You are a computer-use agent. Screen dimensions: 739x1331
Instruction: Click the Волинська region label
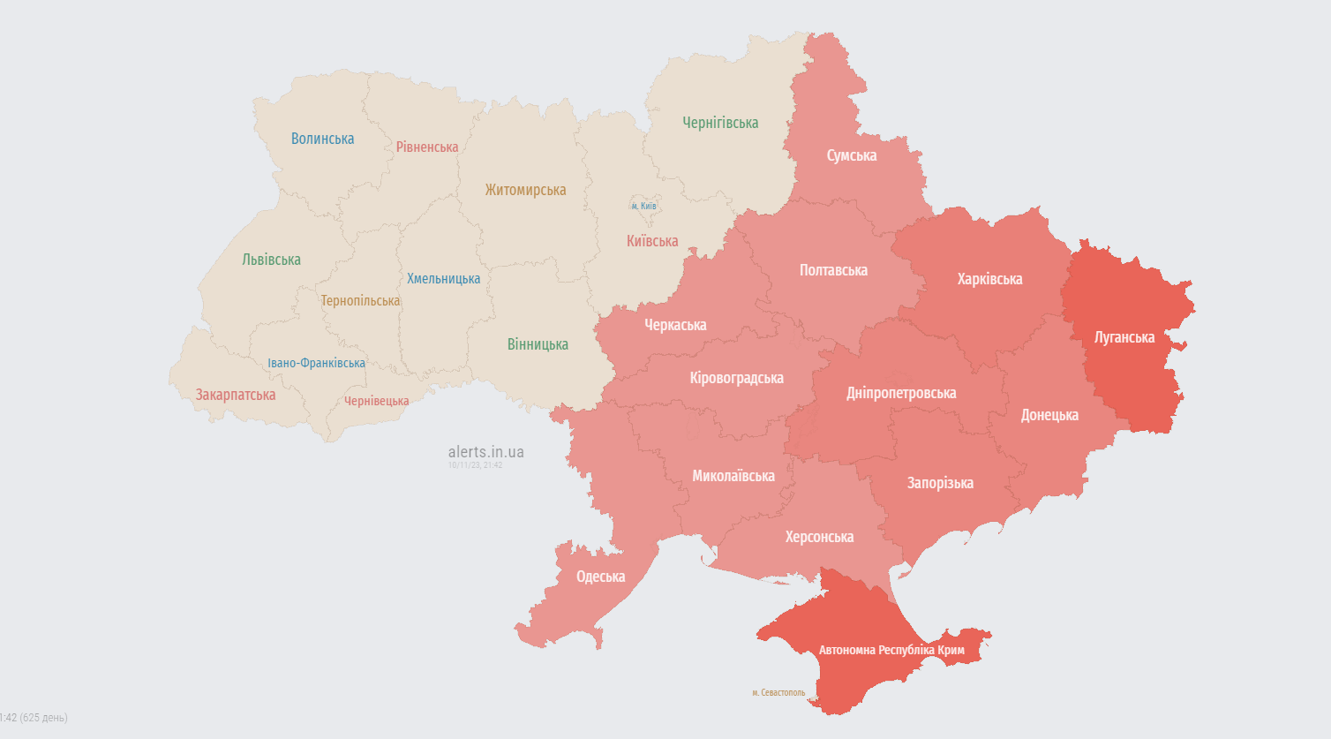322,139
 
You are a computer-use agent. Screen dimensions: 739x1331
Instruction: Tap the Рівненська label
427,147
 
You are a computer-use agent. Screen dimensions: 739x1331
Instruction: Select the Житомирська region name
525,190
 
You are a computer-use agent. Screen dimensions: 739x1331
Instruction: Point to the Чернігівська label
720,123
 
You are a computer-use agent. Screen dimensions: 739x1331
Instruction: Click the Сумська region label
852,155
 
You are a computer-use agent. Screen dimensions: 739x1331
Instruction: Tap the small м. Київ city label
643,206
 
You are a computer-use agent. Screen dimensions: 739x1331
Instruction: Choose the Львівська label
271,260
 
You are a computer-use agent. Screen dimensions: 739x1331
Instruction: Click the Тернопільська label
360,301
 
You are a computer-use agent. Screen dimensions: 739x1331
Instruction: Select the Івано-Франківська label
316,363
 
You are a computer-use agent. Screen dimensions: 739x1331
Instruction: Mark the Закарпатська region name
236,395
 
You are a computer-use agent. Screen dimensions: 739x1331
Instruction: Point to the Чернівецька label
377,401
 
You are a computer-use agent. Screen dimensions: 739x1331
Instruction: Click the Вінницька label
538,344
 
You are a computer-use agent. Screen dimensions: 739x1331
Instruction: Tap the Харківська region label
989,279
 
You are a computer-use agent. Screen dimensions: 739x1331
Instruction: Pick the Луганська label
1124,337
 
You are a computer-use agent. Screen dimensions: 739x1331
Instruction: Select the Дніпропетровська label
901,393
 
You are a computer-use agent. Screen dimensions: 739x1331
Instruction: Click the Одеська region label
600,577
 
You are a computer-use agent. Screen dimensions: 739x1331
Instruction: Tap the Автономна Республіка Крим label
891,650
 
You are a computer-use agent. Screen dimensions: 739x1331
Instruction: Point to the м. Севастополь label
778,693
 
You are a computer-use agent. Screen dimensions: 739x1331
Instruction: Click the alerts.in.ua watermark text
485,452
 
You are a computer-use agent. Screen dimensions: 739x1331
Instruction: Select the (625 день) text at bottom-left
43,718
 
